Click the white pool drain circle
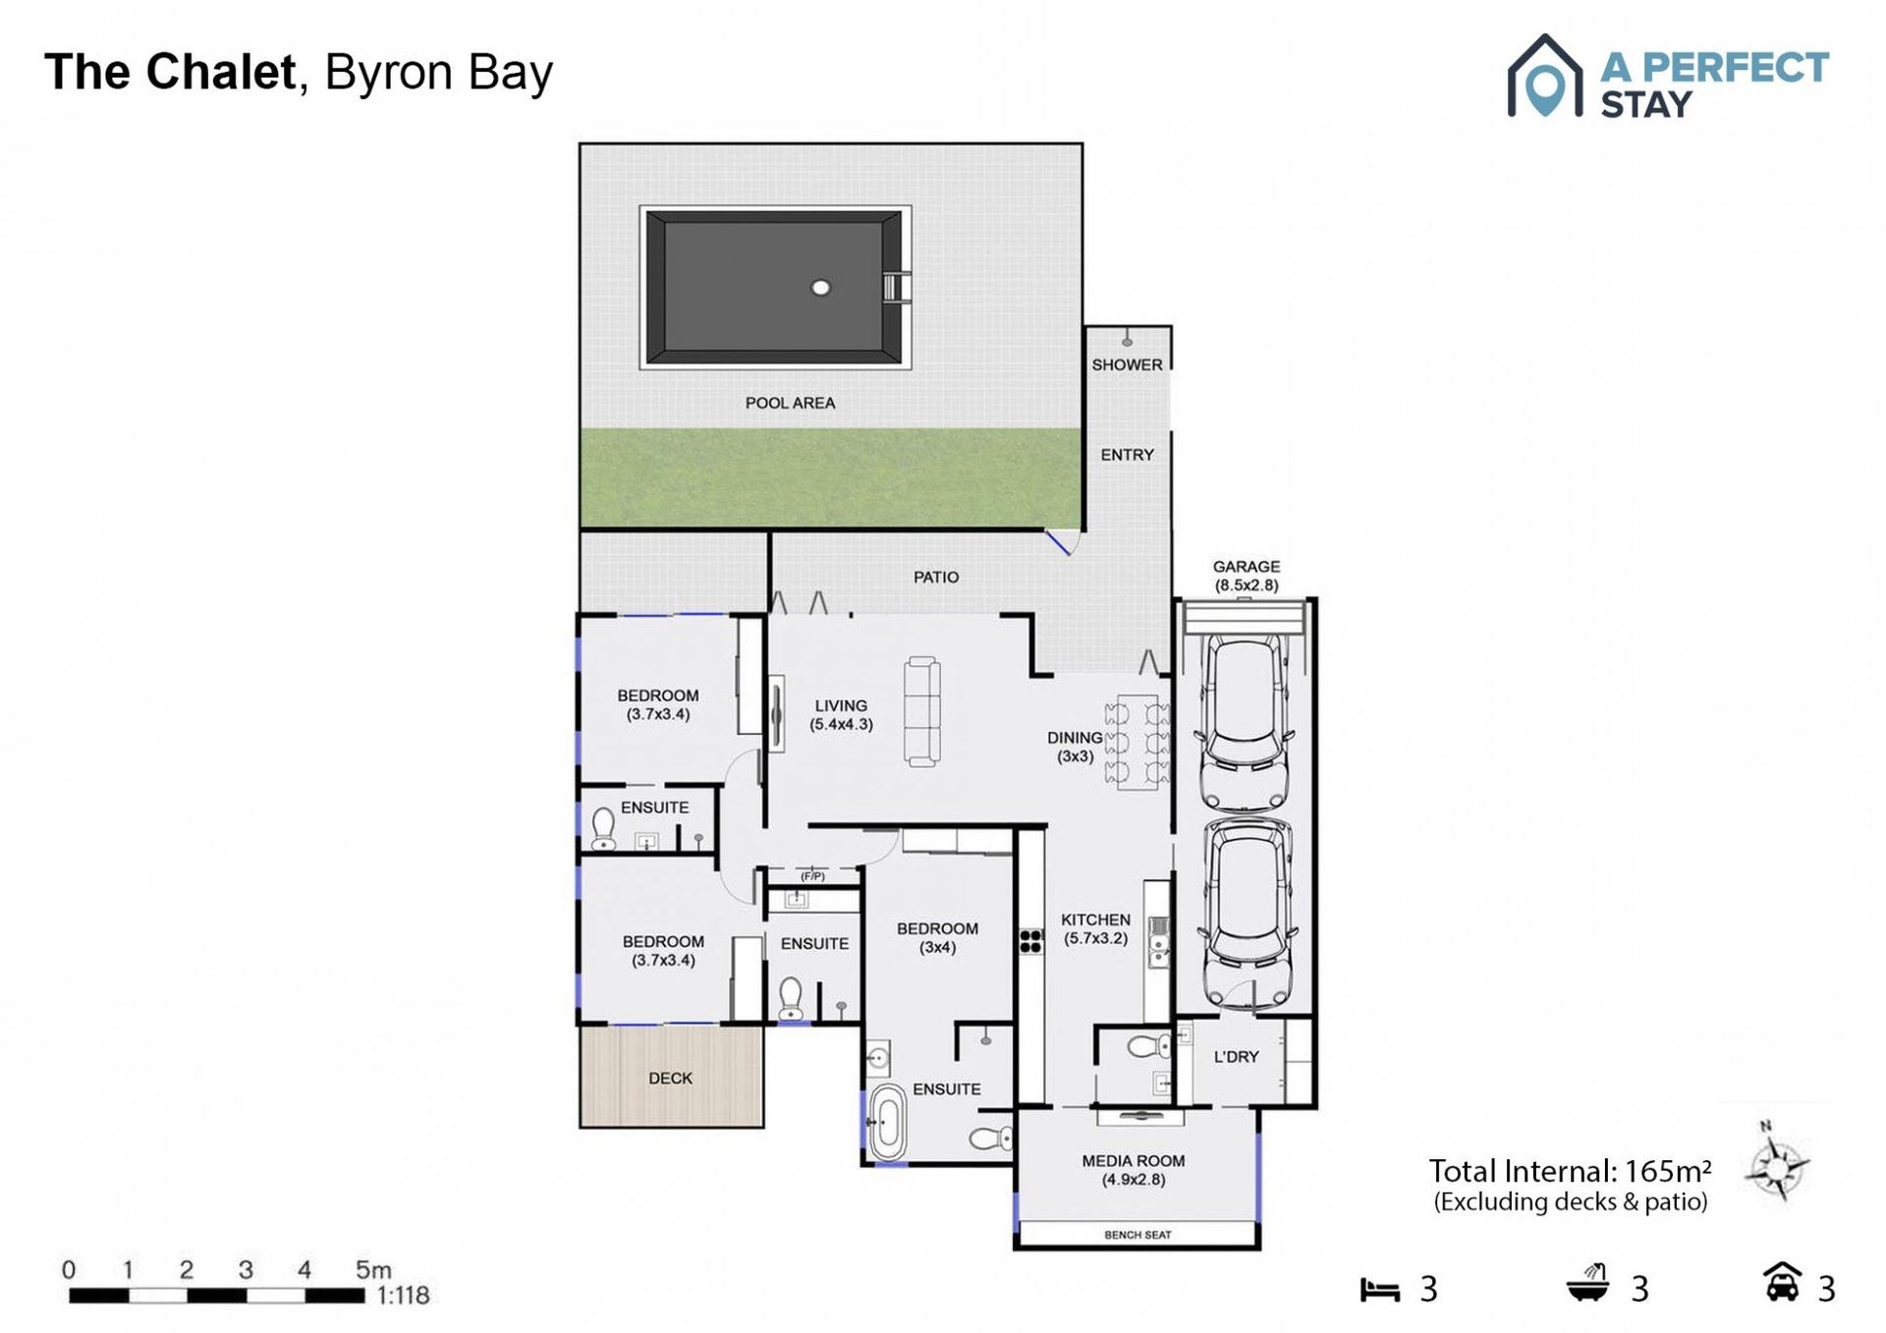(821, 287)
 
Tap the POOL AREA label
(790, 403)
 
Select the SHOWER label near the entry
(1127, 364)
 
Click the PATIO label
(936, 577)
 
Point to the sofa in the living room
(922, 712)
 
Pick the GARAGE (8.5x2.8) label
(1247, 576)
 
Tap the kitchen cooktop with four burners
(1030, 941)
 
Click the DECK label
(670, 1079)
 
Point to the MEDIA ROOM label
(1134, 1161)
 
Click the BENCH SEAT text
(1137, 1235)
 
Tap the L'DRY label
(1236, 1057)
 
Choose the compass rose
(1777, 1166)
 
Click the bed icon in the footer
(1379, 1290)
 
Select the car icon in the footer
(1783, 1282)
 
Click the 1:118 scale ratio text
(403, 1296)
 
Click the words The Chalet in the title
(170, 72)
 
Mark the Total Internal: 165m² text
(1570, 1171)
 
